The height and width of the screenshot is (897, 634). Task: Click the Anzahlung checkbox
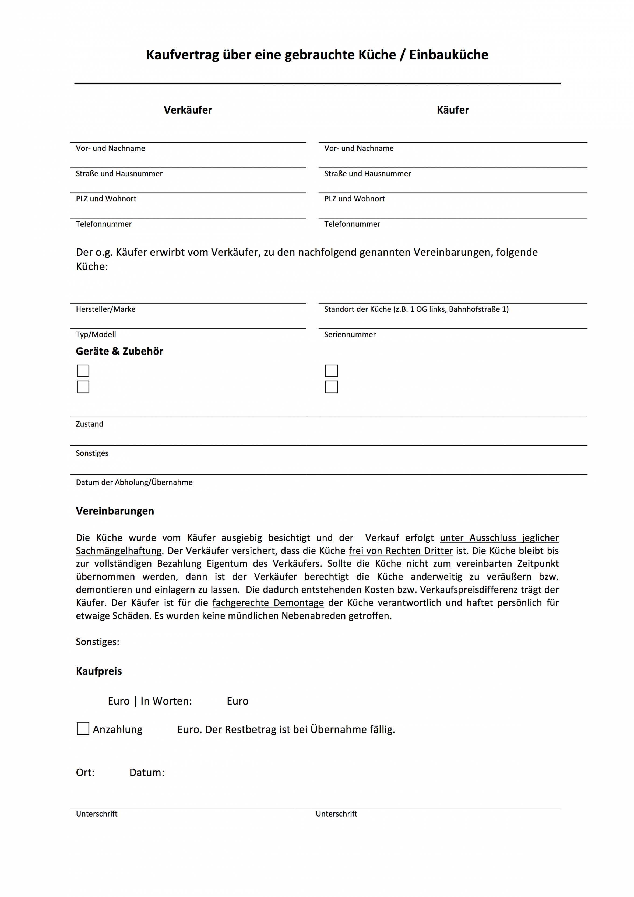[x=83, y=729]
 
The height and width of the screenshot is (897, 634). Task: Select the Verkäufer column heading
[x=188, y=110]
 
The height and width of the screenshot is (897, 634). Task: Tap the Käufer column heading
[x=452, y=110]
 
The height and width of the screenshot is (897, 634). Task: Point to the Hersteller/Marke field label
[x=105, y=309]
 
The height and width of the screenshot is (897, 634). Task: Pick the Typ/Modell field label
[x=96, y=334]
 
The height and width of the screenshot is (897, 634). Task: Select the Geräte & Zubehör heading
[x=119, y=351]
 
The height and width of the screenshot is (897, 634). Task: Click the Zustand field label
[x=89, y=424]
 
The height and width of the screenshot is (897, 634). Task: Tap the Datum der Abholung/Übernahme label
[x=134, y=482]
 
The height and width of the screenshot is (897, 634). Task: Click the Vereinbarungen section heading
[x=115, y=511]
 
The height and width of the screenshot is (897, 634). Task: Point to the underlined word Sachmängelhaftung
[x=118, y=551]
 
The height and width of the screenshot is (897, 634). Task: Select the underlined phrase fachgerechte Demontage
[x=268, y=602]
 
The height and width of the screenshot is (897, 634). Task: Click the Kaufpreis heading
[x=99, y=671]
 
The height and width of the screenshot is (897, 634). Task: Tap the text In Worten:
[x=166, y=701]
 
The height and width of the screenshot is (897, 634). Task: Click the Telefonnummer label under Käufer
[x=352, y=224]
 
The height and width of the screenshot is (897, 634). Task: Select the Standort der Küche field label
[x=416, y=309]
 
